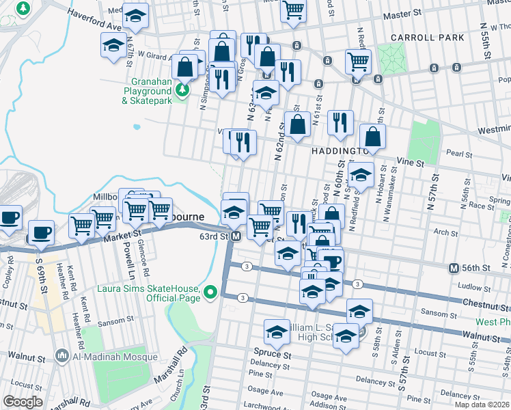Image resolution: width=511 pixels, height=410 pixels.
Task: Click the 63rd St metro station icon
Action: coord(236,236)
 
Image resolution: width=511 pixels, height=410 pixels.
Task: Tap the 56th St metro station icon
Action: coord(452,267)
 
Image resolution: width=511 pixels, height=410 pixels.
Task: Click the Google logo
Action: coord(23,401)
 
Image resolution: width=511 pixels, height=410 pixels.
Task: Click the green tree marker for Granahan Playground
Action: coord(182,90)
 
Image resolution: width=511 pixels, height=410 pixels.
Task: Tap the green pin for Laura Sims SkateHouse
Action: coord(210,292)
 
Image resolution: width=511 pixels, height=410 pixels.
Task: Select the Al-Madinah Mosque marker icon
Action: coord(62,355)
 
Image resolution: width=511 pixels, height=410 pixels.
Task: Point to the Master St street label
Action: coord(402,14)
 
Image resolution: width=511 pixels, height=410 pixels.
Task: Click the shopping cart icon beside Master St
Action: coord(293,10)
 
